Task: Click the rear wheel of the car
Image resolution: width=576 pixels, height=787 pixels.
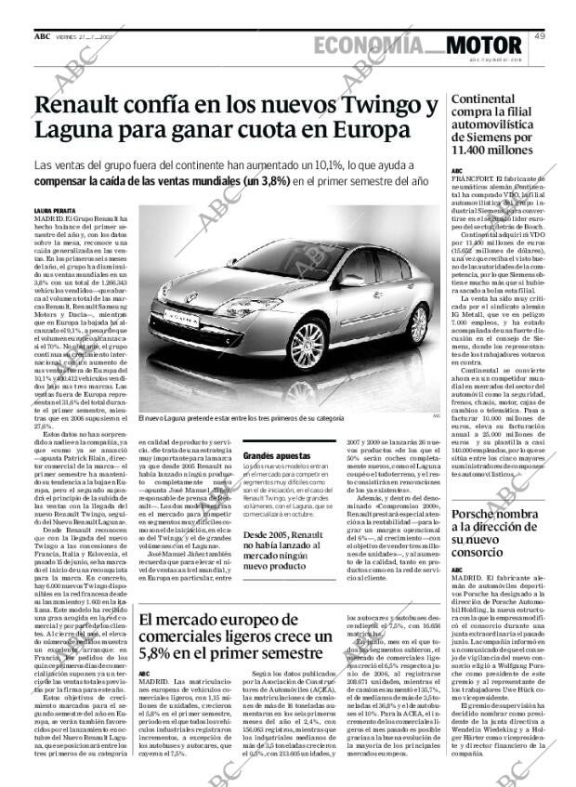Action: (419, 324)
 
